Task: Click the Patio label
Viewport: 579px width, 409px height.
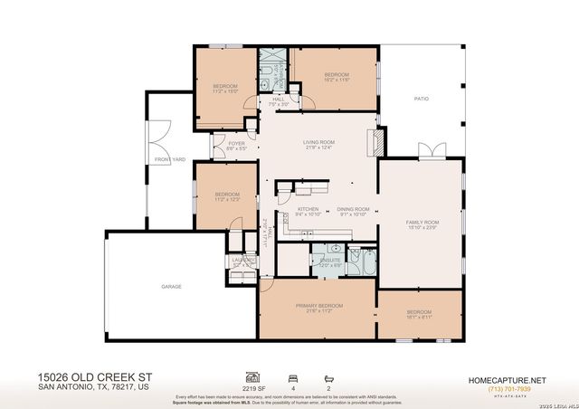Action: click(421, 99)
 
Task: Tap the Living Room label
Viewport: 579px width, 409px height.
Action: click(318, 142)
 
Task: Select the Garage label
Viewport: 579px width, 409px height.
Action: click(171, 286)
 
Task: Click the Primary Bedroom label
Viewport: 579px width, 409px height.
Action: click(318, 306)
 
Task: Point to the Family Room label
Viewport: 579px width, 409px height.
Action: click(422, 222)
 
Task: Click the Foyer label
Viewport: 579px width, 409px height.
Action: click(236, 143)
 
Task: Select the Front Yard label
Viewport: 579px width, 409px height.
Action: click(169, 159)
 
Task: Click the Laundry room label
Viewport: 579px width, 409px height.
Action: click(242, 260)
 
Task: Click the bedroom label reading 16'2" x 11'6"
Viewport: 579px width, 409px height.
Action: click(337, 73)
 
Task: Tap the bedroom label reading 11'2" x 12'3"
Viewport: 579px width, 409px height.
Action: click(227, 195)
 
